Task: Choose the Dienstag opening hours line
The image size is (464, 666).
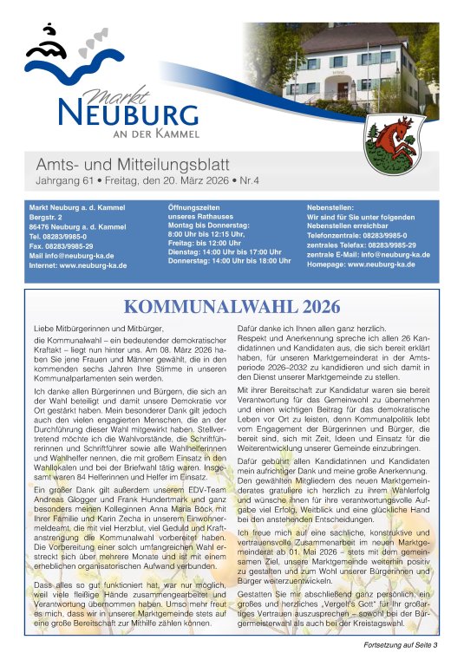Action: [220, 251]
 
